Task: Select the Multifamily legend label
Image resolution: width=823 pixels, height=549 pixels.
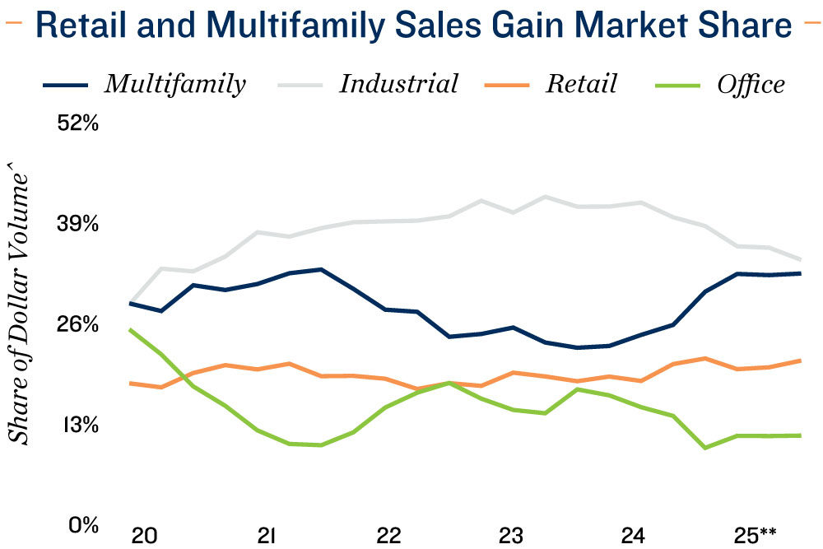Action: tap(174, 83)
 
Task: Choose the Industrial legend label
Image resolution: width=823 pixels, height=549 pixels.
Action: tap(398, 83)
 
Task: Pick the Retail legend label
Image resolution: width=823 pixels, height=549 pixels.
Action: tap(581, 83)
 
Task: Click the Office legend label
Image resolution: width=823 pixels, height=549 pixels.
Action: tap(751, 83)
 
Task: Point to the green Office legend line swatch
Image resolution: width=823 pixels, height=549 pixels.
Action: tap(677, 84)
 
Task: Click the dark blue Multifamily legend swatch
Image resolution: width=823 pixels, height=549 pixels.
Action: tap(65, 84)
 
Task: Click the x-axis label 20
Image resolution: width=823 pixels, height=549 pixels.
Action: tap(145, 535)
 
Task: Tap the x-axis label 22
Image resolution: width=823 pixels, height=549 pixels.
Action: tap(388, 535)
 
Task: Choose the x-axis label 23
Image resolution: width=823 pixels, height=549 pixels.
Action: tap(510, 535)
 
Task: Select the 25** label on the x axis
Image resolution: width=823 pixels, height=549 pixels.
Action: tap(756, 535)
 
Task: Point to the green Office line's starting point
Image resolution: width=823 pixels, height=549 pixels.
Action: tap(132, 329)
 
